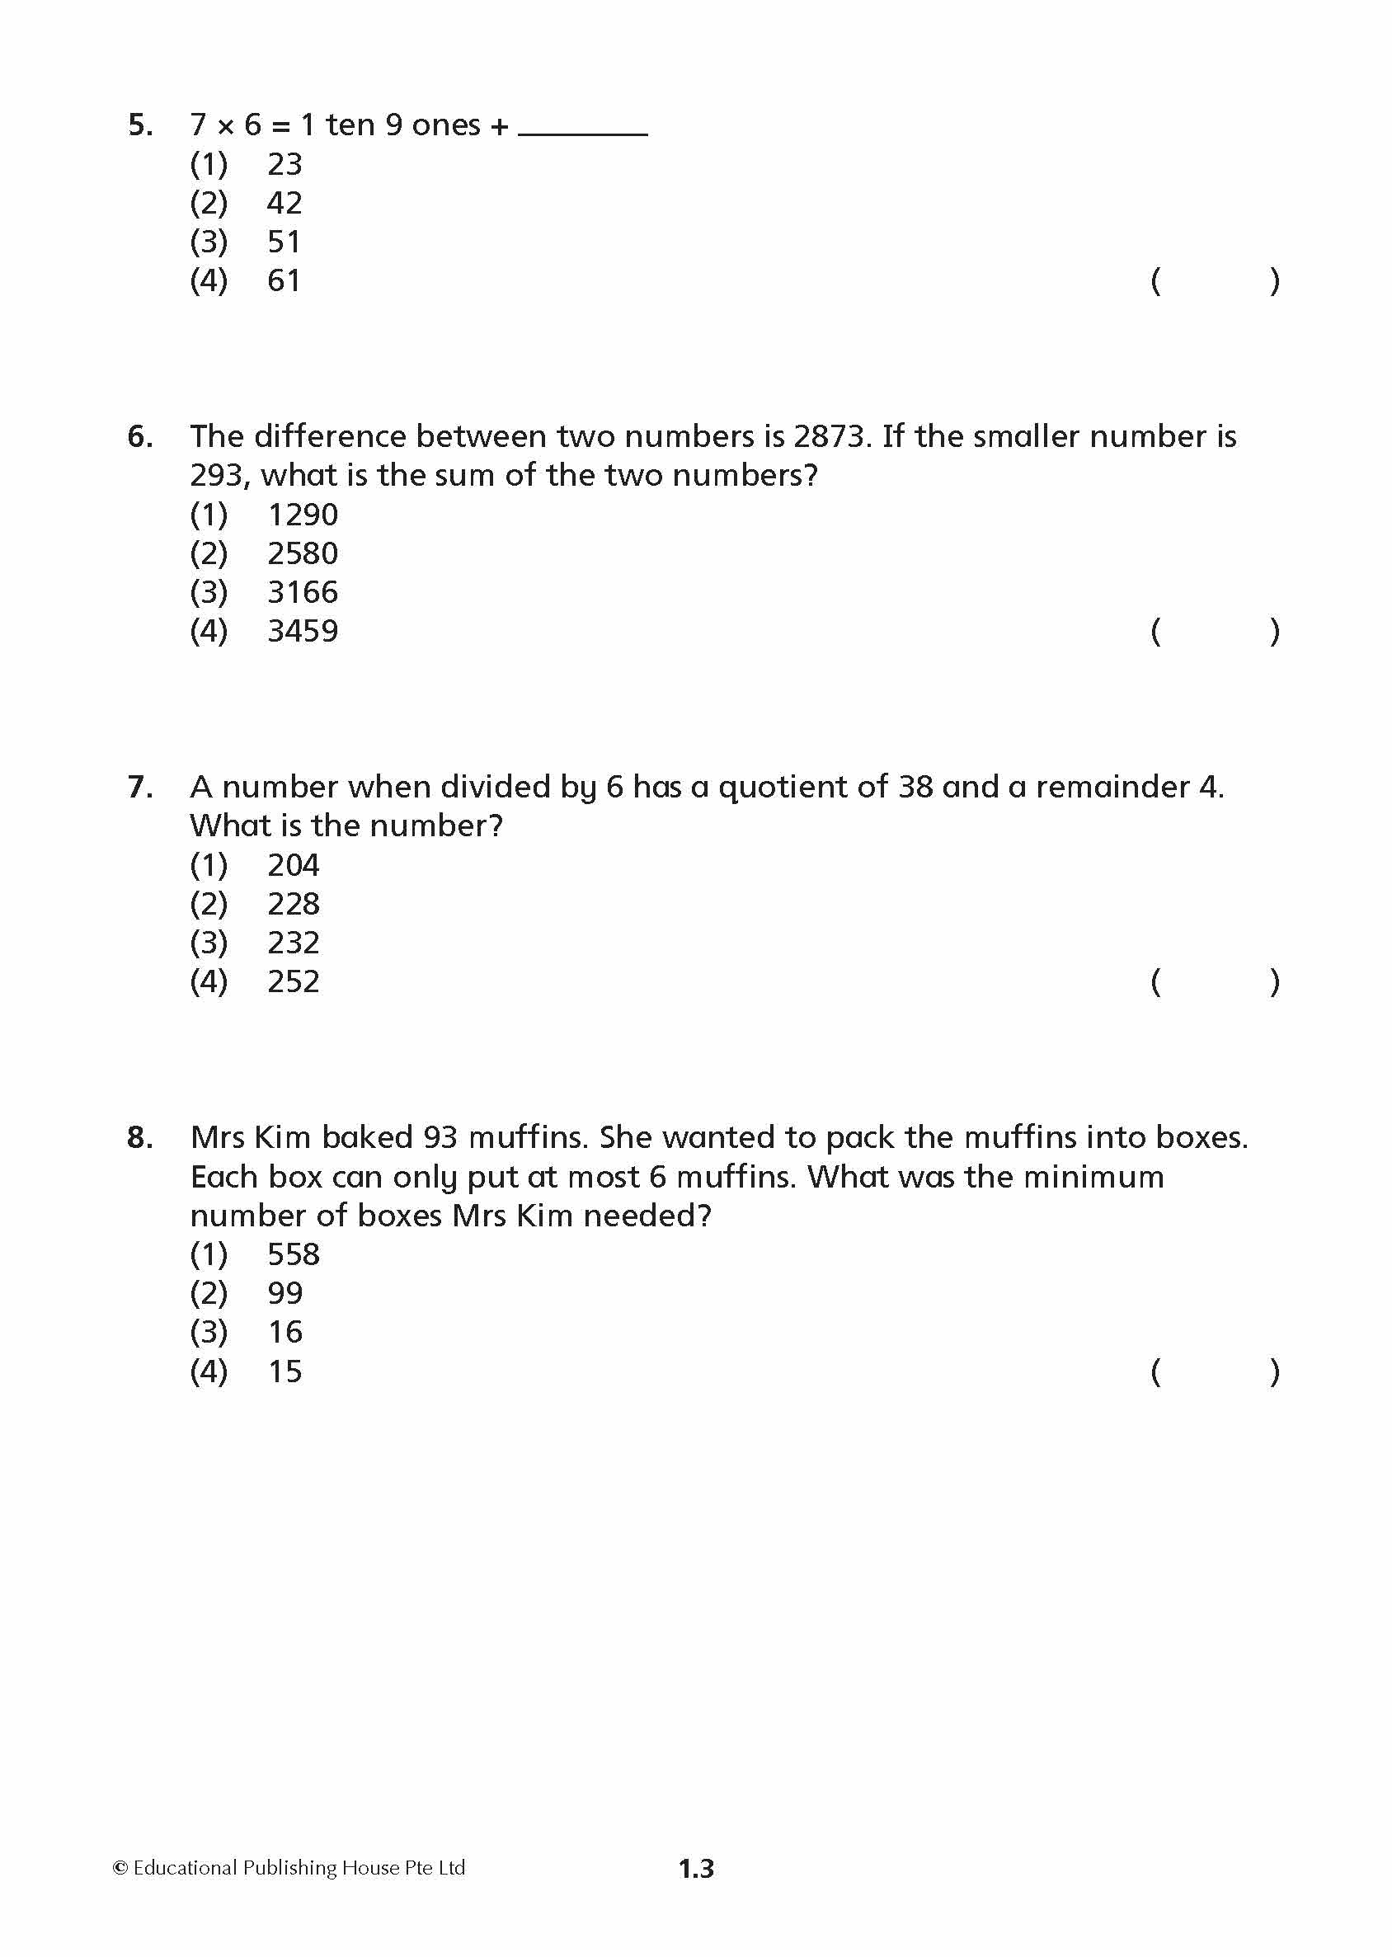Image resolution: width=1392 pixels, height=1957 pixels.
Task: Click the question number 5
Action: (139, 126)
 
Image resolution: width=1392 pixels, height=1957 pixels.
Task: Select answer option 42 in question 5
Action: (285, 203)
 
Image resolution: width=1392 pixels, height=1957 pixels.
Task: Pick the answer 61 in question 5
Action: (285, 281)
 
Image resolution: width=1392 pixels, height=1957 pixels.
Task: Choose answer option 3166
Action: (303, 592)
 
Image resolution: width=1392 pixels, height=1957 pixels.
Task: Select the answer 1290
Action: (303, 515)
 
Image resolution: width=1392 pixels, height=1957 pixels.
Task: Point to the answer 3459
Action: (303, 632)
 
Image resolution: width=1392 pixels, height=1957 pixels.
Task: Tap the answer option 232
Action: (293, 943)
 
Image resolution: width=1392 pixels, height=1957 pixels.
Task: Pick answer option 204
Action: (293, 866)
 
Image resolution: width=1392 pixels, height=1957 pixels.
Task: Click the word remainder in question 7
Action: (1112, 788)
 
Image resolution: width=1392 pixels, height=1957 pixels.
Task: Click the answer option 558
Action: (293, 1255)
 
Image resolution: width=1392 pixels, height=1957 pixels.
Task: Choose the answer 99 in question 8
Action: (285, 1293)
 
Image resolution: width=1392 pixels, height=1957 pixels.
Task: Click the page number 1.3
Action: (696, 1869)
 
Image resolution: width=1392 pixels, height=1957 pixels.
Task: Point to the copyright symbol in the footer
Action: (121, 1868)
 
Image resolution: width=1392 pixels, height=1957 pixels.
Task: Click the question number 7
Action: (139, 788)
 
